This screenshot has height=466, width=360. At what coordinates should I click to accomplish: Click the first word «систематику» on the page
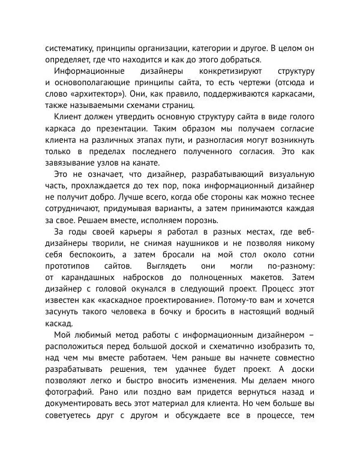click(68, 47)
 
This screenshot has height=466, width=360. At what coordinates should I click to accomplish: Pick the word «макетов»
click(261, 278)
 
